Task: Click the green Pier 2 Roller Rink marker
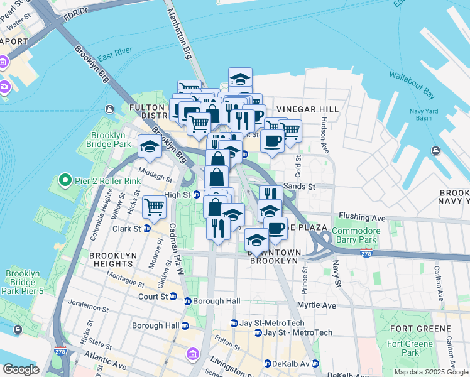64,182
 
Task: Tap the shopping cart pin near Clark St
154,207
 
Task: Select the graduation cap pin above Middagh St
150,146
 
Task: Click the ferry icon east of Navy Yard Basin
435,150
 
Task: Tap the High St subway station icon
196,195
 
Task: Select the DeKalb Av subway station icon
267,363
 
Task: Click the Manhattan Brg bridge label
178,38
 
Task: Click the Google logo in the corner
21,369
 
